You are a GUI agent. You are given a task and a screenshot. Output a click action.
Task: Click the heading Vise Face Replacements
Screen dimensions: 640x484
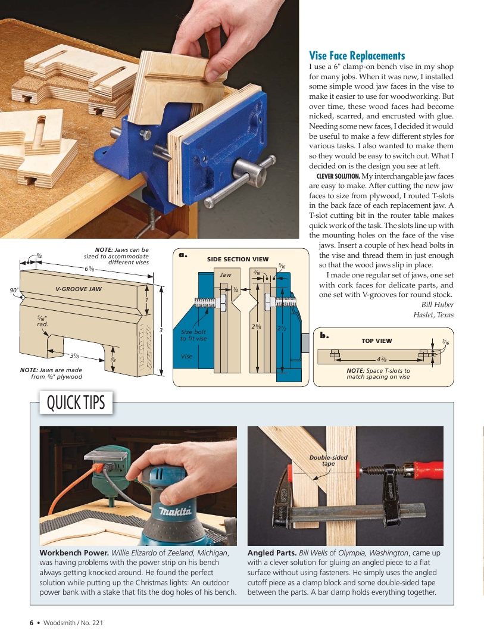[357, 55]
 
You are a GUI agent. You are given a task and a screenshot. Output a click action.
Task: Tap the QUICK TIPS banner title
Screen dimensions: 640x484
[76, 403]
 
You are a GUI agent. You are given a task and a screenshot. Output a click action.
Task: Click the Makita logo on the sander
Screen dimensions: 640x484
[174, 512]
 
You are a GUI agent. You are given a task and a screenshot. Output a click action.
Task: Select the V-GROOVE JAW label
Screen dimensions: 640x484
[79, 289]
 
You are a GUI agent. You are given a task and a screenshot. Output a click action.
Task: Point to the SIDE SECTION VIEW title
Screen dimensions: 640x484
[238, 260]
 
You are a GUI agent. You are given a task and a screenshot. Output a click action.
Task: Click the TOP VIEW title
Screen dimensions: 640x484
[376, 341]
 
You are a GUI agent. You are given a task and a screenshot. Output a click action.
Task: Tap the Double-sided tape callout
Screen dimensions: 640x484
[328, 460]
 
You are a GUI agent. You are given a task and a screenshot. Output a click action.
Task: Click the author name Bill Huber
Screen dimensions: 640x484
[437, 305]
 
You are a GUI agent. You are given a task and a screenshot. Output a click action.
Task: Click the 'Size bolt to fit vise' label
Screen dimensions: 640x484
[193, 335]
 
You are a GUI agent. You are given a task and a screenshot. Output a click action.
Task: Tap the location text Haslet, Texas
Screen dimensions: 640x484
[433, 315]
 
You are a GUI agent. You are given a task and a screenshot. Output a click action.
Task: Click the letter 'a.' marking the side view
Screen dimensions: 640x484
[183, 255]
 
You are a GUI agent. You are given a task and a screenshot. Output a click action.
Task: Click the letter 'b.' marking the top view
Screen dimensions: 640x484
[324, 336]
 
